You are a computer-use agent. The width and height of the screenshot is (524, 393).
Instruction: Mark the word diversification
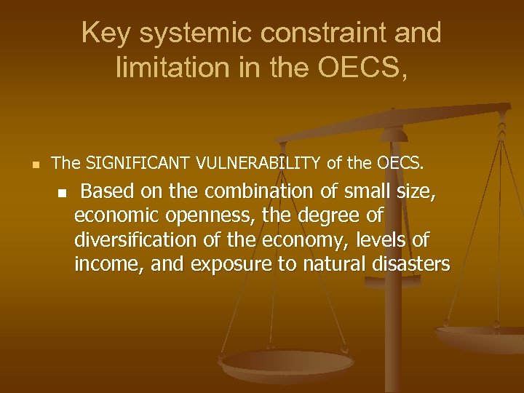pos(137,240)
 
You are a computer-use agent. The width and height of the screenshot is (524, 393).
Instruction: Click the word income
pos(109,264)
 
